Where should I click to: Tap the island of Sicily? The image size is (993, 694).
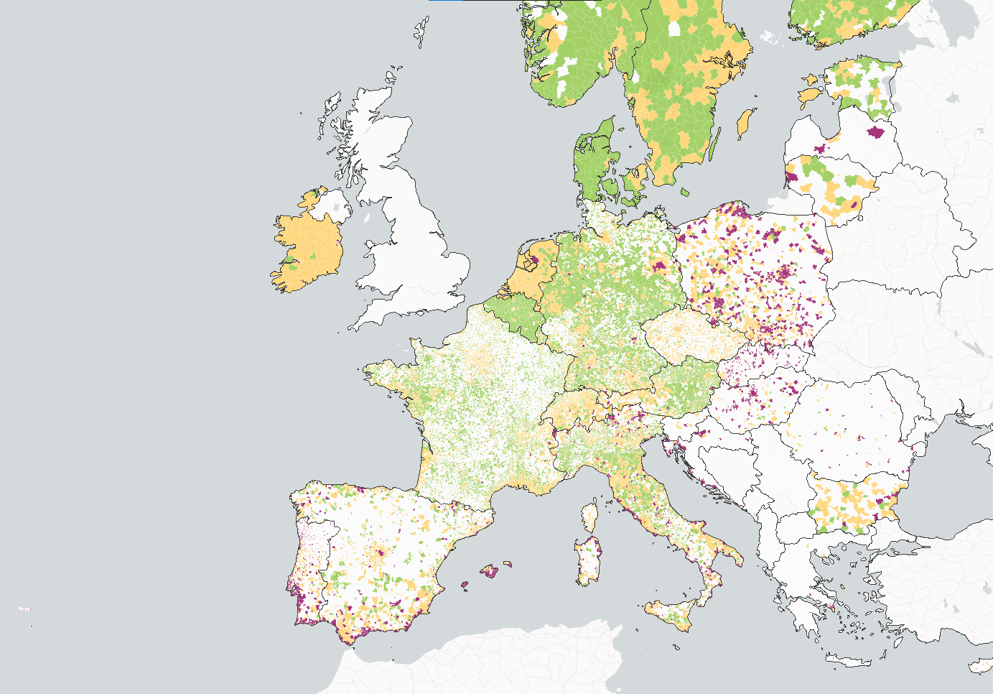click(671, 614)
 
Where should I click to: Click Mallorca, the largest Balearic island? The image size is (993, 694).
click(490, 572)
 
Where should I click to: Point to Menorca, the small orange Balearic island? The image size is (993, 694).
click(508, 564)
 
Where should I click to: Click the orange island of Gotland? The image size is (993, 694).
click(747, 124)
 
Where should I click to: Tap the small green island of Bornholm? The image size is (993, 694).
click(685, 192)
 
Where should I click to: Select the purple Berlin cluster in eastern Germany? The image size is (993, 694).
click(658, 266)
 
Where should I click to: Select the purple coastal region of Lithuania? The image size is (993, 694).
click(791, 176)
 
